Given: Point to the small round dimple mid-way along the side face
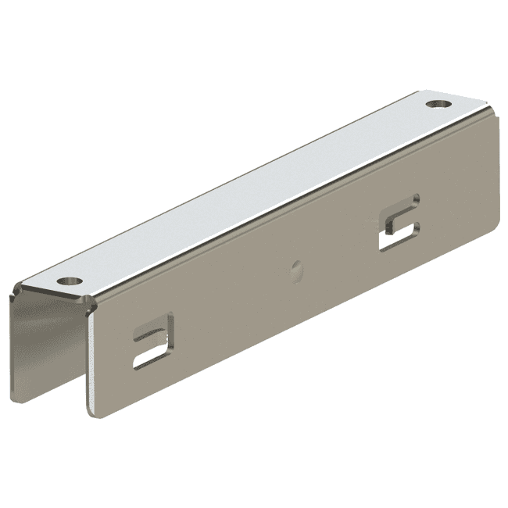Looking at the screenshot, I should click(296, 270).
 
